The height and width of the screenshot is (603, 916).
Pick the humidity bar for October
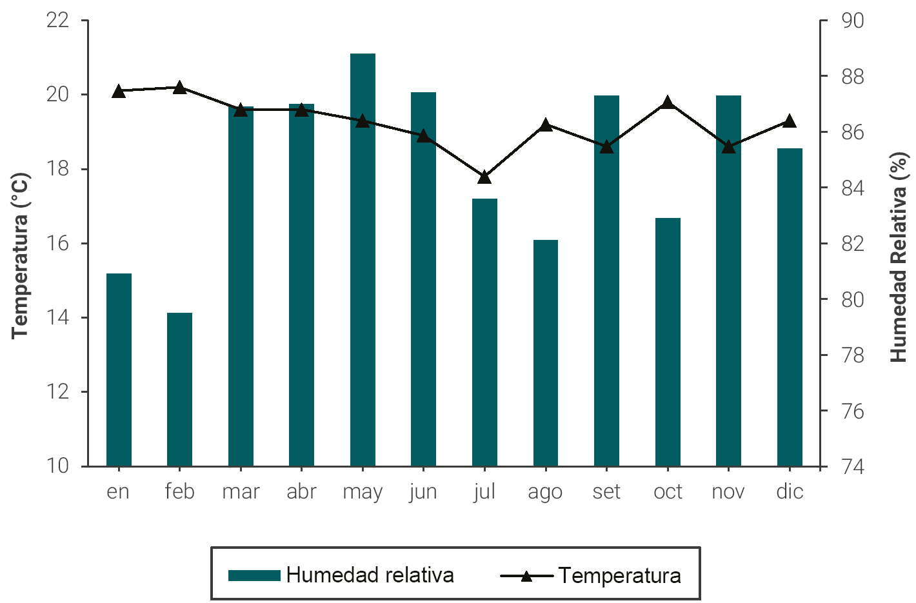[668, 342]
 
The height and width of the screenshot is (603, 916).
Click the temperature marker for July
[484, 177]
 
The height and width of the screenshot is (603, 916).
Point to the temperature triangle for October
[668, 103]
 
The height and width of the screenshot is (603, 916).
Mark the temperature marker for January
[119, 91]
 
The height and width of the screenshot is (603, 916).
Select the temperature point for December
[790, 121]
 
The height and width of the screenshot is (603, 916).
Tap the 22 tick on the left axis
[57, 21]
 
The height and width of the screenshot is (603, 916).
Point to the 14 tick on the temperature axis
[57, 317]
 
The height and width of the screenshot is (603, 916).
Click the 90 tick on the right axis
[852, 21]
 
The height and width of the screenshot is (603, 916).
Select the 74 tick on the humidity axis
[852, 466]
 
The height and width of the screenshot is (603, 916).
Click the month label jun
[423, 491]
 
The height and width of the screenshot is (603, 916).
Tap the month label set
[606, 491]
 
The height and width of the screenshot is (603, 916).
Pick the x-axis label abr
[301, 491]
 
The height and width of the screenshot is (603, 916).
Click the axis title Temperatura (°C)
[21, 255]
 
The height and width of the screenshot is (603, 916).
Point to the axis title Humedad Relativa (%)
[899, 257]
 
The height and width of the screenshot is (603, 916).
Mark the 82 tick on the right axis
[852, 244]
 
